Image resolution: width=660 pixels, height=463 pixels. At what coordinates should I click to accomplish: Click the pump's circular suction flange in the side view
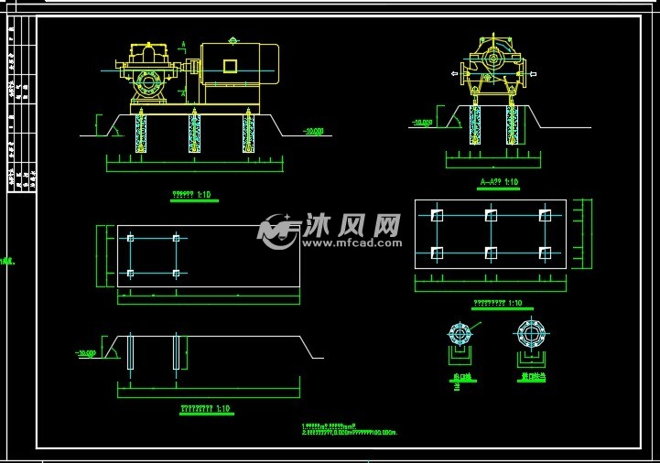pyautogui.click(x=146, y=84)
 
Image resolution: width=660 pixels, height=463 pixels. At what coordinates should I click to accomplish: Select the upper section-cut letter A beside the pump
pyautogui.click(x=183, y=45)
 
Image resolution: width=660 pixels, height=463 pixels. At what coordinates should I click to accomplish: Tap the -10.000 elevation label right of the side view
pyautogui.click(x=314, y=131)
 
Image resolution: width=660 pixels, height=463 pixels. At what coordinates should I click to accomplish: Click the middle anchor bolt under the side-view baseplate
pyautogui.click(x=194, y=132)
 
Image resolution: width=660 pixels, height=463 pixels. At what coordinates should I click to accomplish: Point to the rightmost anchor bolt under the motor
pyautogui.click(x=248, y=132)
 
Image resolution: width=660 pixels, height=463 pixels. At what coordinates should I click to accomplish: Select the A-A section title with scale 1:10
pyautogui.click(x=499, y=182)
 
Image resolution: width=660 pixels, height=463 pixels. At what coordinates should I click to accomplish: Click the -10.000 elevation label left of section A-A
pyautogui.click(x=422, y=122)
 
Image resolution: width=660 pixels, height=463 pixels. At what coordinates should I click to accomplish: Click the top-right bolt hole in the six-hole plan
pyautogui.click(x=545, y=216)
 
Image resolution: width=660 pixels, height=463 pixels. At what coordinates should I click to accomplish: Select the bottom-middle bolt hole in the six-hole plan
pyautogui.click(x=491, y=251)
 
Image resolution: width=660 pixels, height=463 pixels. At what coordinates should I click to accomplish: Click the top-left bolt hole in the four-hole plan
pyautogui.click(x=131, y=239)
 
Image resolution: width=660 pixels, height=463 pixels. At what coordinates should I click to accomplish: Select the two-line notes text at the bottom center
pyautogui.click(x=362, y=428)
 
